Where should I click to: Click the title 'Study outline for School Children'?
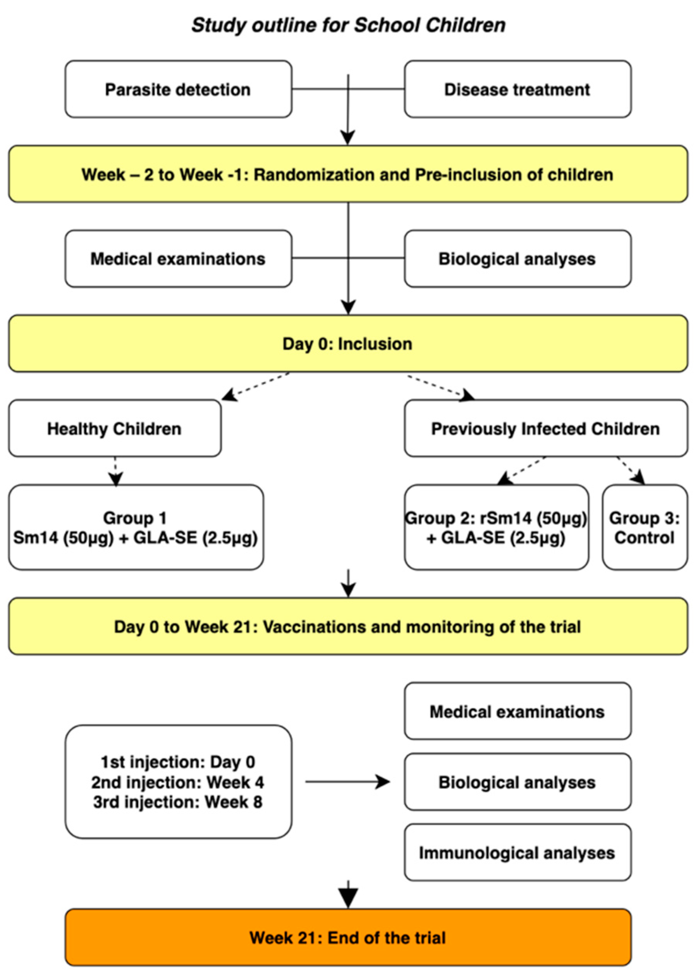click(x=348, y=25)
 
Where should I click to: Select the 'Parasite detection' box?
click(x=178, y=89)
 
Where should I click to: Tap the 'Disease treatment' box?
click(x=517, y=89)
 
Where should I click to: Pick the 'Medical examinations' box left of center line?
click(x=178, y=259)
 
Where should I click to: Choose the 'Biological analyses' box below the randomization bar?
click(x=517, y=259)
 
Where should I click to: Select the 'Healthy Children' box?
click(x=115, y=429)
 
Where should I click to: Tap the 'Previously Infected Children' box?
click(x=546, y=429)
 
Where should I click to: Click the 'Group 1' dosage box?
click(x=136, y=527)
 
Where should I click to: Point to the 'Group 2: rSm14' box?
click(x=497, y=527)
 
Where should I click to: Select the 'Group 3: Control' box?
click(x=645, y=527)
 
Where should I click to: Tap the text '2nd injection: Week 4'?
click(x=177, y=782)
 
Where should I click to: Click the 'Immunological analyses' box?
click(x=517, y=853)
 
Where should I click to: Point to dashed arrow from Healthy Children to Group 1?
click(x=115, y=471)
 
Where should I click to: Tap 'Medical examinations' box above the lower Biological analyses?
click(x=517, y=712)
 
